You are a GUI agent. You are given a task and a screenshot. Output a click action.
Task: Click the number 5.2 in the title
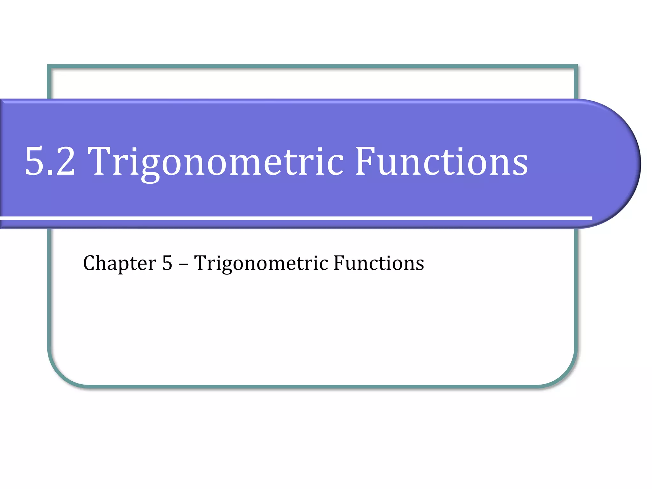[50, 161]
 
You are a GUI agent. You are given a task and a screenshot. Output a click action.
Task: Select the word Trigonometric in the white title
[215, 161]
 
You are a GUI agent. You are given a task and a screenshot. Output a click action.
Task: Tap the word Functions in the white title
[442, 161]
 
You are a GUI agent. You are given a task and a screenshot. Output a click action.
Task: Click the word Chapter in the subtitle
[120, 264]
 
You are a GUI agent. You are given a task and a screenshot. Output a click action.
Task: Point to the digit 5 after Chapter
[167, 263]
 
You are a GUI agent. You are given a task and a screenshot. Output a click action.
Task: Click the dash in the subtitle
[183, 264]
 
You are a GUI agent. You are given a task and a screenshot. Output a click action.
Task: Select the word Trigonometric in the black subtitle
[261, 264]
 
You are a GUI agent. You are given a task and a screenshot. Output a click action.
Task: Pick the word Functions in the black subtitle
[379, 263]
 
